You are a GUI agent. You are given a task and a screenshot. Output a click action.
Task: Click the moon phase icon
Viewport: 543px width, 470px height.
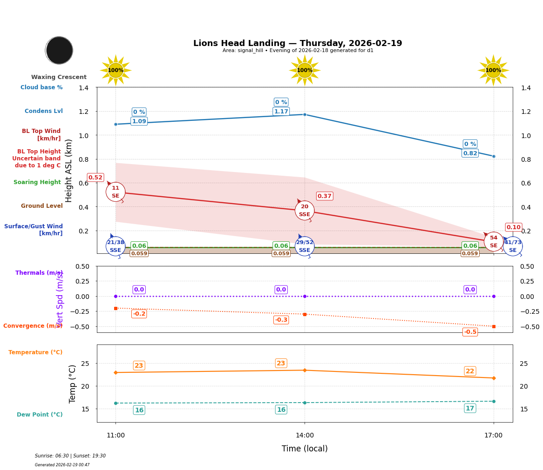tap(59, 50)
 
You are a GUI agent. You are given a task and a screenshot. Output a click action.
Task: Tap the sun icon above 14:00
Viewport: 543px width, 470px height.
tap(305, 70)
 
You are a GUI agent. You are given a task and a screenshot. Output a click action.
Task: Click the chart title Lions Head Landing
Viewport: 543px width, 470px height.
tap(298, 43)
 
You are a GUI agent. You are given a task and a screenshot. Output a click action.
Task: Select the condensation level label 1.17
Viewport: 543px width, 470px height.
tap(281, 112)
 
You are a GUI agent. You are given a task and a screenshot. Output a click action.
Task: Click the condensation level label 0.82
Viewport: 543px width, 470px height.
tap(470, 153)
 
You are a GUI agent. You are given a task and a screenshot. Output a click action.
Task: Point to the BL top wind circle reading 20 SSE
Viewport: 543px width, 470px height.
tap(305, 211)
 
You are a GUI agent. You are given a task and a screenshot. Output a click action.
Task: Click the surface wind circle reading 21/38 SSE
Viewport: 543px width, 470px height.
tap(115, 246)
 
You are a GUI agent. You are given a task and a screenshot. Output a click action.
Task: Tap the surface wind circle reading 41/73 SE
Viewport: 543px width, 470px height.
tap(513, 246)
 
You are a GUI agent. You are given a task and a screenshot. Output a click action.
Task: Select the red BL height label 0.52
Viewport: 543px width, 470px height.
tap(95, 178)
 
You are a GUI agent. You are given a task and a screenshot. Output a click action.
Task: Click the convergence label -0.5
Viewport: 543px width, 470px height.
tap(470, 332)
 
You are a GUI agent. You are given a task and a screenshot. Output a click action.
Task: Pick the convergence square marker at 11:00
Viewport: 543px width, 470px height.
tap(115, 308)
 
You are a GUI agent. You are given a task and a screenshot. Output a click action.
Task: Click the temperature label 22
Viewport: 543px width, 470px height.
tap(470, 371)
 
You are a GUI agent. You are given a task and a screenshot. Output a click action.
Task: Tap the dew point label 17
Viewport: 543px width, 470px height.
tap(470, 408)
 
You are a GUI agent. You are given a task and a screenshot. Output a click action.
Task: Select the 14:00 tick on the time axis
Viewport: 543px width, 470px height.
tap(305, 436)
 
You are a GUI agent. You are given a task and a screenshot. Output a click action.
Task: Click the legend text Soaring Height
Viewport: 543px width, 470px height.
tap(37, 182)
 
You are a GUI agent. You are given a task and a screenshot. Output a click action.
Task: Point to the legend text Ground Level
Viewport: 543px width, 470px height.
tap(41, 206)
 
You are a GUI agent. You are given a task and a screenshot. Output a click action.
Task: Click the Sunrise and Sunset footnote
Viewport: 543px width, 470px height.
tap(70, 456)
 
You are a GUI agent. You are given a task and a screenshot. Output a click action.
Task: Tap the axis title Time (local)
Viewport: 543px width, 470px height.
tap(305, 449)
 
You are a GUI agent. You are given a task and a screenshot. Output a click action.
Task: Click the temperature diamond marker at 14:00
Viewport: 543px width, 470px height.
tap(305, 370)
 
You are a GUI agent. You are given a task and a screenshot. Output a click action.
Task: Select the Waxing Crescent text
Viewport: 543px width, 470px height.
tap(59, 77)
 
